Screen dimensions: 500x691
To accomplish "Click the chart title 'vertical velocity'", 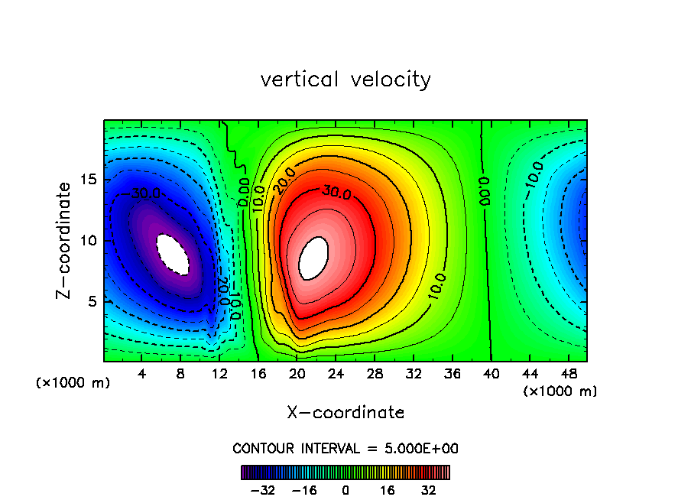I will pyautogui.click(x=345, y=80).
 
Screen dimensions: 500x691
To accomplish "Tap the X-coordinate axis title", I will pyautogui.click(x=345, y=413).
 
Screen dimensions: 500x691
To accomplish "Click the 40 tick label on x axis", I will pyautogui.click(x=490, y=374).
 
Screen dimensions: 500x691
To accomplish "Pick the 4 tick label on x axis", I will pyautogui.click(x=142, y=374).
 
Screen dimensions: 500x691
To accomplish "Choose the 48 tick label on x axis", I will pyautogui.click(x=568, y=374).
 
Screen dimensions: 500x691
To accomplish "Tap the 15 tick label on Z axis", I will pyautogui.click(x=89, y=180).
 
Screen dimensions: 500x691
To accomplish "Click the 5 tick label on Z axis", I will pyautogui.click(x=92, y=301).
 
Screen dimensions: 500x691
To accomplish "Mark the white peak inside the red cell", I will pyautogui.click(x=313, y=258).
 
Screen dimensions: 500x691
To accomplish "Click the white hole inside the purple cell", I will pyautogui.click(x=172, y=254).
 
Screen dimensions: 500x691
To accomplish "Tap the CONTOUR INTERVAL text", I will pyautogui.click(x=345, y=449).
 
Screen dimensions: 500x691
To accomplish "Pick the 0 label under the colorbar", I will pyautogui.click(x=345, y=490).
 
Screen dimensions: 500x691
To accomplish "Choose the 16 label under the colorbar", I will pyautogui.click(x=388, y=490).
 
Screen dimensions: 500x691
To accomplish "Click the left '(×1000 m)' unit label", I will pyautogui.click(x=73, y=383).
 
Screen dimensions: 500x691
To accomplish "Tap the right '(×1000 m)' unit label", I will pyautogui.click(x=560, y=391).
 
